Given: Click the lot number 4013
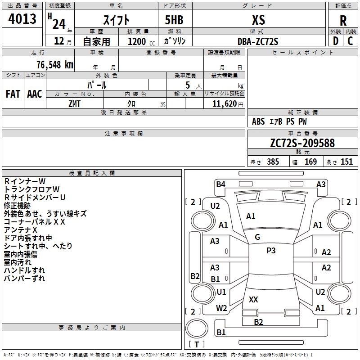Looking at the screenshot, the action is tap(22, 19).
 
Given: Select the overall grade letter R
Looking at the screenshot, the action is tap(343, 21).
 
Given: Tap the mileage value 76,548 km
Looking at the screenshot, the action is tap(55, 65).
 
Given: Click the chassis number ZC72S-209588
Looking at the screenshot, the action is tap(302, 143).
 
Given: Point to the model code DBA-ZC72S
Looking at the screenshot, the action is tap(258, 41).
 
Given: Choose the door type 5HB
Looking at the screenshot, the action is tap(174, 20).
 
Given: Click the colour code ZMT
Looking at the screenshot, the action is tap(74, 104).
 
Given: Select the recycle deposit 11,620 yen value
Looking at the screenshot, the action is tap(228, 104).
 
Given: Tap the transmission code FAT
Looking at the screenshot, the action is tap(13, 94).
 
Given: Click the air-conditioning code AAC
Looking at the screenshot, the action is tap(35, 94).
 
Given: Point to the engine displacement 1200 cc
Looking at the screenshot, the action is tap(141, 42).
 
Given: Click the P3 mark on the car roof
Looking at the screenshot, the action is tap(271, 250).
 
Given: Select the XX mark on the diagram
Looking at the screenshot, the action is tap(253, 299).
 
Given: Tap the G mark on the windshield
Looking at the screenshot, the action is tap(257, 237).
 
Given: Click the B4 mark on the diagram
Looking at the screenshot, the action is tap(220, 184).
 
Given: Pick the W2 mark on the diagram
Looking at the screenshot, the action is tap(221, 308).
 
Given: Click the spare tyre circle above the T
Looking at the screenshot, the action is tap(197, 328).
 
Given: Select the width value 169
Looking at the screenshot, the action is tap(310, 162).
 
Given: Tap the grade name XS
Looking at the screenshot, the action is tap(258, 20).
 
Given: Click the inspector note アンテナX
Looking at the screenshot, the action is tap(20, 230).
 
